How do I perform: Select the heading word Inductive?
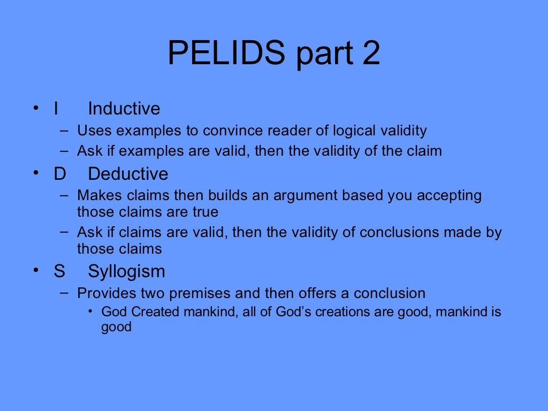(124, 109)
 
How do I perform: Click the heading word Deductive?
(128, 174)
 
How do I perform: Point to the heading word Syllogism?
(126, 271)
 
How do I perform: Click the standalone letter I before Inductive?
(56, 109)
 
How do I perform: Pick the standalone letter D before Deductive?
(59, 174)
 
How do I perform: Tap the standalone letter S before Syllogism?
(59, 271)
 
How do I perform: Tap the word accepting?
(449, 196)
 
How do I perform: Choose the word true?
(205, 212)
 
